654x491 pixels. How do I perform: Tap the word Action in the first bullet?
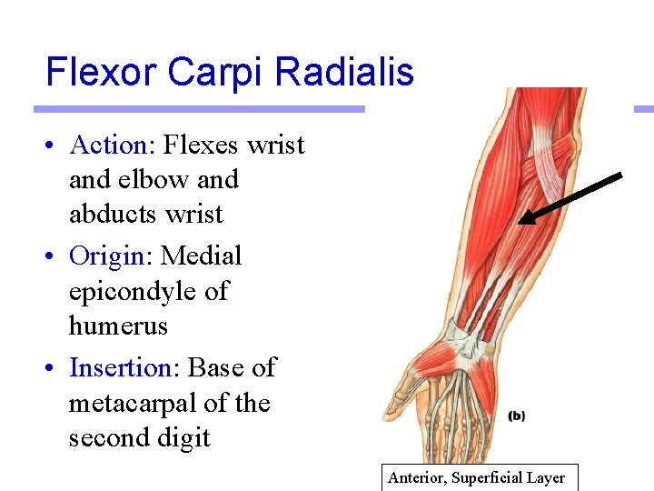(108, 145)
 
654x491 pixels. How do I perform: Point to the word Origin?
(106, 256)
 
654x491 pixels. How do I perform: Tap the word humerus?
(118, 326)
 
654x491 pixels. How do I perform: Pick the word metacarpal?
(135, 403)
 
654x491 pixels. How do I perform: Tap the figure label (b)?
(516, 416)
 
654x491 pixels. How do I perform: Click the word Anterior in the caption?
(419, 478)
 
